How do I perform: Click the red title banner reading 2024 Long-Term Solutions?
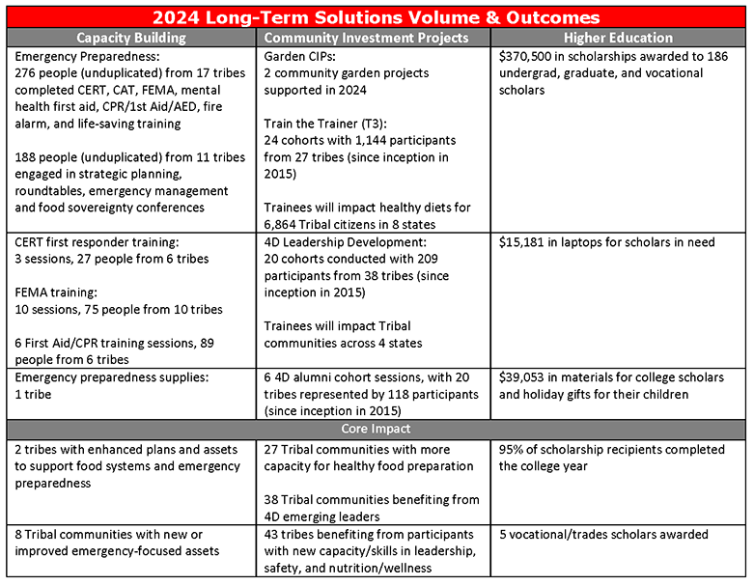click(x=376, y=17)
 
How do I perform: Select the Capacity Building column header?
click(x=130, y=38)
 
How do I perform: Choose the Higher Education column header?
click(x=618, y=38)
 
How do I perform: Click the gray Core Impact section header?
click(x=376, y=429)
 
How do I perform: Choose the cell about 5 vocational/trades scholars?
click(x=603, y=534)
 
